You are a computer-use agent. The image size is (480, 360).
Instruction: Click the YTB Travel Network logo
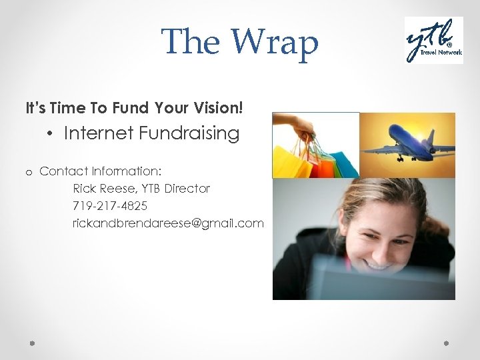click(434, 40)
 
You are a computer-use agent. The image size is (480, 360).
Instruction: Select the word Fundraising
click(190, 133)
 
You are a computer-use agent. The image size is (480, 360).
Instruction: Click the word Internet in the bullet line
click(99, 133)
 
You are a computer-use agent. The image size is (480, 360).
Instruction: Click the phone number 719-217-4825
click(110, 206)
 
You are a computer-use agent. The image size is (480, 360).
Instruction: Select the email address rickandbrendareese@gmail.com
click(168, 223)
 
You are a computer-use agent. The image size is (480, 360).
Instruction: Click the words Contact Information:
click(101, 171)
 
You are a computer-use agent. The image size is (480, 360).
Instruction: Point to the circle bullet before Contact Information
click(29, 173)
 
